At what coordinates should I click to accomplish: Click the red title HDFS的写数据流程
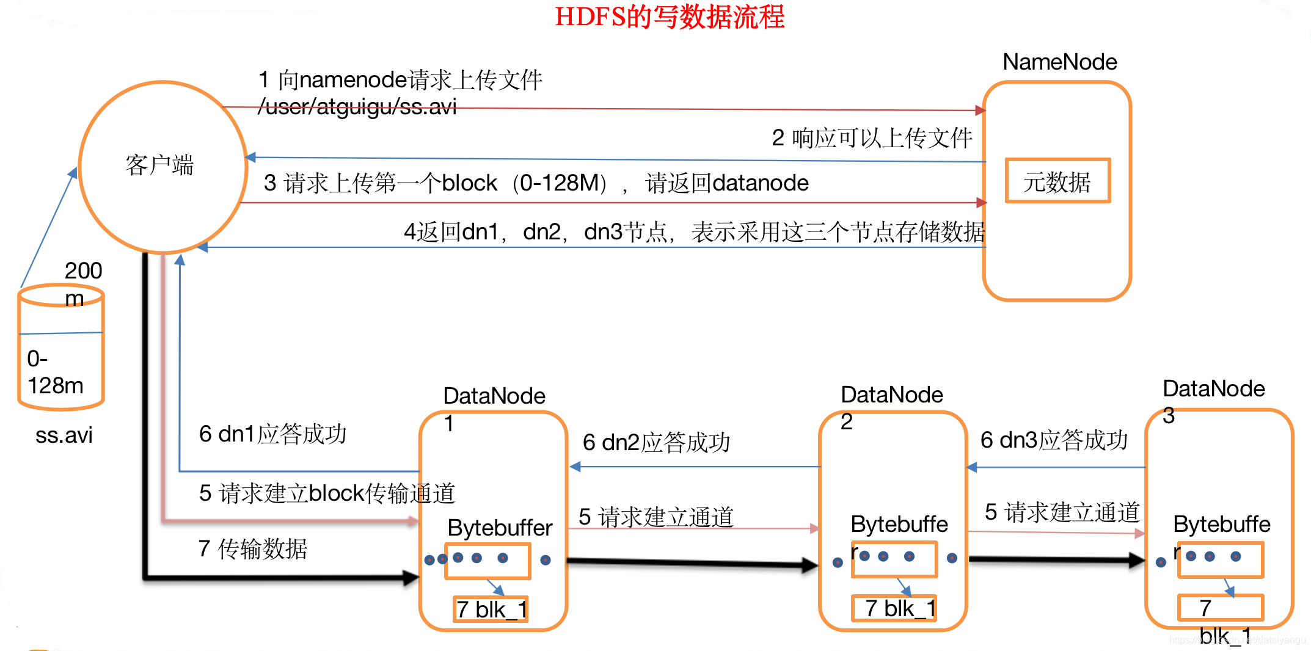[x=670, y=16]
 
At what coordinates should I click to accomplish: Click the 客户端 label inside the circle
[x=159, y=165]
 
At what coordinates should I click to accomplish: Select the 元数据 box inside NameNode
[x=1057, y=181]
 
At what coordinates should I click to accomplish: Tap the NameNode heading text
[x=1059, y=62]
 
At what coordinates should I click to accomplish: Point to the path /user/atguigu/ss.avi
[x=357, y=107]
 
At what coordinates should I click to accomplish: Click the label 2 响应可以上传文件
[x=872, y=138]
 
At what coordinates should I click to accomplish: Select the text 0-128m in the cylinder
[x=55, y=372]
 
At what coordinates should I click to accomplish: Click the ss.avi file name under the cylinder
[x=64, y=435]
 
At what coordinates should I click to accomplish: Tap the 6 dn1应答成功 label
[x=272, y=434]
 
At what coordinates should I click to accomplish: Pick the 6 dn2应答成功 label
[x=656, y=442]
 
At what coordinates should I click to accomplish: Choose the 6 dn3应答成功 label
[x=1054, y=440]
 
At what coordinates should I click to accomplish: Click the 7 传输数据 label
[x=252, y=548]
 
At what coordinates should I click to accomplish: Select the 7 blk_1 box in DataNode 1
[x=491, y=609]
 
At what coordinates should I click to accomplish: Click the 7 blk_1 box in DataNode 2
[x=894, y=608]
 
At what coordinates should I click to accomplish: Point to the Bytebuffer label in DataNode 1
[x=500, y=528]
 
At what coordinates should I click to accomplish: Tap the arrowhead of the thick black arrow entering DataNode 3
[x=1138, y=559]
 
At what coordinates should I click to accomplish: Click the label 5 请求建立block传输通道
[x=327, y=493]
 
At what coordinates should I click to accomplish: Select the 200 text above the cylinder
[x=83, y=271]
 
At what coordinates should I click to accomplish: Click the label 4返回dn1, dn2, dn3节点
[x=694, y=232]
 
